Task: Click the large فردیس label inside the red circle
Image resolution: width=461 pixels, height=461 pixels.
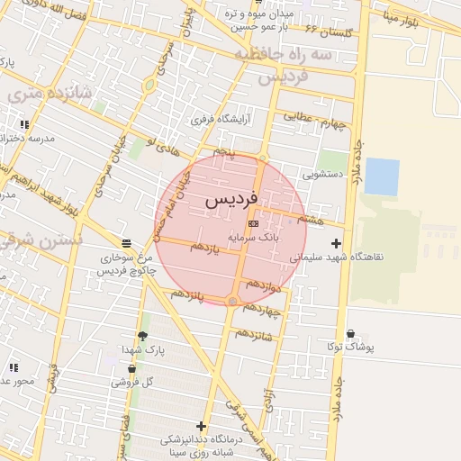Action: click(x=232, y=199)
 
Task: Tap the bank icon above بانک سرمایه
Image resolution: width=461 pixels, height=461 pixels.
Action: click(x=253, y=222)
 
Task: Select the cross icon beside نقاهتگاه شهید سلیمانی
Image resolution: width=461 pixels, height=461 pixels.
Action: click(x=337, y=243)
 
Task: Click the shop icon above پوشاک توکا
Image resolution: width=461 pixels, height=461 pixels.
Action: click(x=350, y=334)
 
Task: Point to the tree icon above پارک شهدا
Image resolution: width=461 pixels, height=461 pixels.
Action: click(x=142, y=336)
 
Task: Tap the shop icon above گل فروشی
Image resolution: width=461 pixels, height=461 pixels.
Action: click(x=132, y=368)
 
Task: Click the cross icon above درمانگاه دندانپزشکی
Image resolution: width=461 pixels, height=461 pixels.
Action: click(x=201, y=426)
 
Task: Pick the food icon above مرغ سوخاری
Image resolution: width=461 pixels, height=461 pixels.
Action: click(x=126, y=243)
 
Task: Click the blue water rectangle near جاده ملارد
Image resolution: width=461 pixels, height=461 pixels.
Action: click(x=382, y=176)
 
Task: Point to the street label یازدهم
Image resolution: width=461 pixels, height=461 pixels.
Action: click(x=204, y=247)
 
